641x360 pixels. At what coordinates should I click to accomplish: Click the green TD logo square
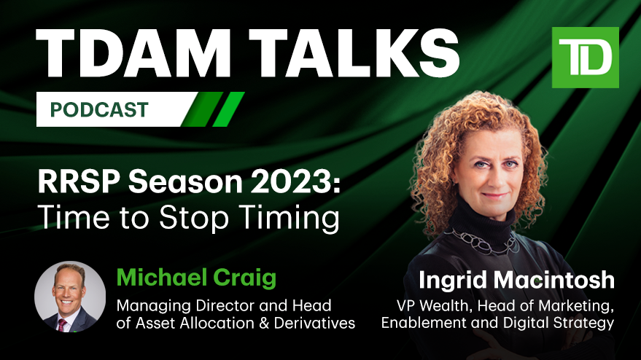[x=585, y=58]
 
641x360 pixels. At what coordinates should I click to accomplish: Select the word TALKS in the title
[x=354, y=53]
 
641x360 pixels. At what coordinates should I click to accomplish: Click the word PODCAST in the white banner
[x=99, y=109]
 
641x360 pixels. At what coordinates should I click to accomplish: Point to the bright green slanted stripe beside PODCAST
[x=228, y=109]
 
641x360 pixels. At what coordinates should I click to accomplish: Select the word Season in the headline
[x=185, y=182]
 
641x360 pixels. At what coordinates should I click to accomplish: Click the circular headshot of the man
[x=70, y=297]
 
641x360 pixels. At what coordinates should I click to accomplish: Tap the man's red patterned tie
[x=62, y=325]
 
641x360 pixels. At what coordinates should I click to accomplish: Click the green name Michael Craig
[x=196, y=278]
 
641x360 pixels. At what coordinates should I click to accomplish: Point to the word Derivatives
[x=314, y=324]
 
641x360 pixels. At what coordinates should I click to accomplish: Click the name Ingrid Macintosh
[x=516, y=281]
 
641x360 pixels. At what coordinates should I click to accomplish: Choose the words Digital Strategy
[x=559, y=323]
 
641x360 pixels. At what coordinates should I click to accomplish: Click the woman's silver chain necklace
[x=481, y=242]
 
